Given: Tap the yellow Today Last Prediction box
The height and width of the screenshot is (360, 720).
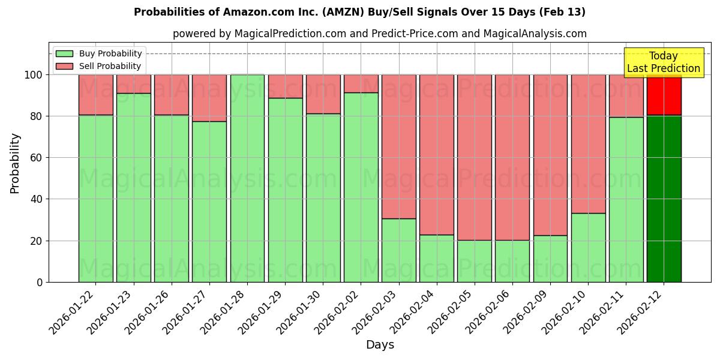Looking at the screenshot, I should (x=663, y=63).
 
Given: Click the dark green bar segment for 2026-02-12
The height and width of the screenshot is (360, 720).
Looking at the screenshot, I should (x=664, y=198).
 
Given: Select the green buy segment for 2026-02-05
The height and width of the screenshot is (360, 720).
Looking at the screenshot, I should (x=475, y=261).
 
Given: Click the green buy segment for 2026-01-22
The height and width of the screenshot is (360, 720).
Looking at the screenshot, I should (x=96, y=198).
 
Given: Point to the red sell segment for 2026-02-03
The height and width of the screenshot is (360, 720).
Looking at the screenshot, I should (x=399, y=146).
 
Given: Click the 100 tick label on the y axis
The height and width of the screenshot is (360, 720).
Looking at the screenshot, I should (x=33, y=75).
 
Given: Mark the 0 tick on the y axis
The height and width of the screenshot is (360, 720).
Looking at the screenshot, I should (x=40, y=282).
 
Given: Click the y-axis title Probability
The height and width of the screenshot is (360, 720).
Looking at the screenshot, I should (x=15, y=163).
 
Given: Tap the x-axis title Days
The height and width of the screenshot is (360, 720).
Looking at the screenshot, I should (x=380, y=345).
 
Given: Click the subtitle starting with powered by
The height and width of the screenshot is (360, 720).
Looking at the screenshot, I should (x=380, y=34).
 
